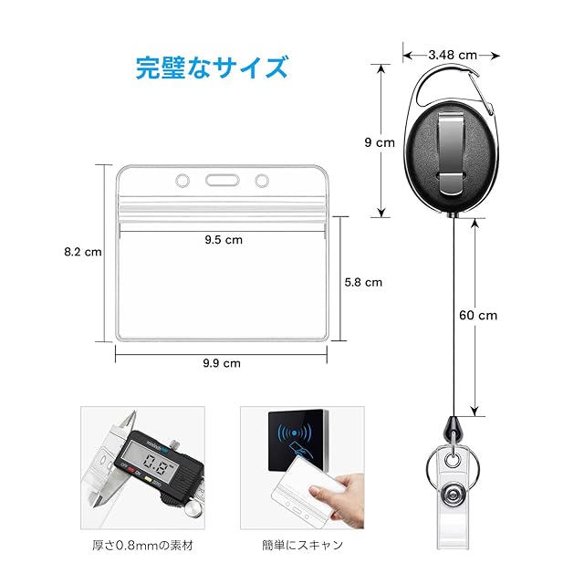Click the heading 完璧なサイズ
tap(213, 68)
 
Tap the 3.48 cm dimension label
tap(454, 55)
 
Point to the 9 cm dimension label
tap(379, 142)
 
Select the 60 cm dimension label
tap(477, 316)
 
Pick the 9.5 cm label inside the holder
tap(223, 240)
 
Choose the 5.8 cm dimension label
tap(363, 282)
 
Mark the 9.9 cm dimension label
tap(221, 362)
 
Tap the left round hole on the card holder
tap(182, 179)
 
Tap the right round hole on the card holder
tap(262, 179)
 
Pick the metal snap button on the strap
tap(453, 495)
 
